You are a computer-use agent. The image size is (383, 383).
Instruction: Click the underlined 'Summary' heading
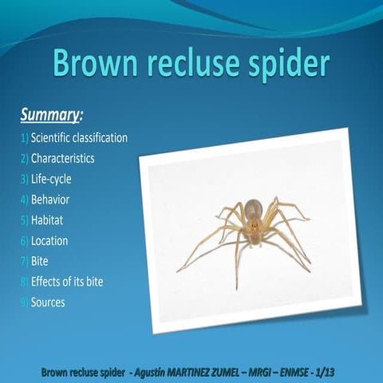tap(50, 116)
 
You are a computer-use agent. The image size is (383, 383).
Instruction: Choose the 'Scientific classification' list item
tap(78, 138)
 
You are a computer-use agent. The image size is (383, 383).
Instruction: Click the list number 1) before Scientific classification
tap(25, 138)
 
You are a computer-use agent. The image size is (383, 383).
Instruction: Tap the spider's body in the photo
tap(252, 223)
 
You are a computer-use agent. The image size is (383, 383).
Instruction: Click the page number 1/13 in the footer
tap(330, 373)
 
